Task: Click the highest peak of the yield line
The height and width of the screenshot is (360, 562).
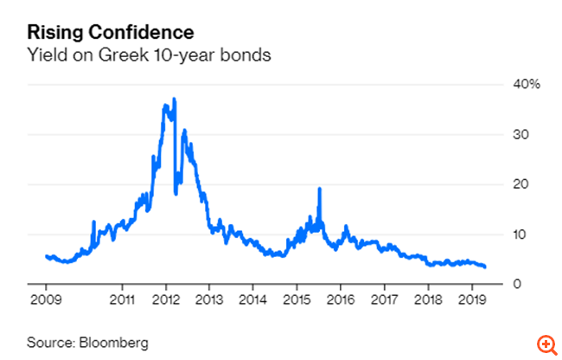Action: click(x=175, y=99)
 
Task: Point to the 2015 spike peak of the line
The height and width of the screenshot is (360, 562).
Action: click(x=320, y=189)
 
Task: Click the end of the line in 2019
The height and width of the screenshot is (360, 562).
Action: click(x=485, y=267)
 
